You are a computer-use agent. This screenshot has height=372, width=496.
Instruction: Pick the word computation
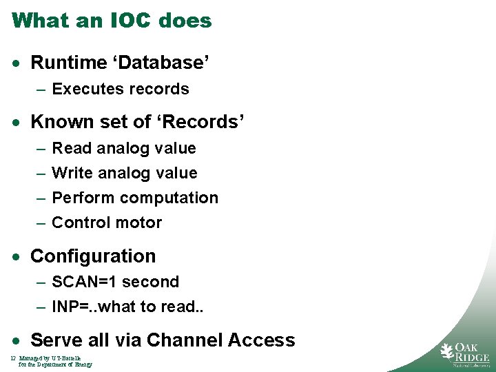(169, 198)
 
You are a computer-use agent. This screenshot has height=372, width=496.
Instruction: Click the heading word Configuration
(94, 256)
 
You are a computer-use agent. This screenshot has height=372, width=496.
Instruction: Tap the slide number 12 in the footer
(13, 358)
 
